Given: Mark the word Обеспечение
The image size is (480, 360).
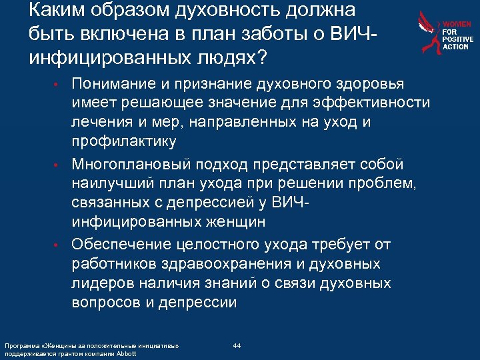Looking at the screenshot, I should [x=117, y=244].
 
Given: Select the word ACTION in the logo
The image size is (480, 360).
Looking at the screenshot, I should [x=457, y=47].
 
